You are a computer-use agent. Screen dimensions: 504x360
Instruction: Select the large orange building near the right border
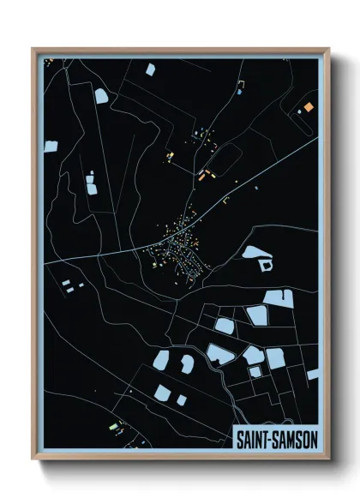tap(307, 107)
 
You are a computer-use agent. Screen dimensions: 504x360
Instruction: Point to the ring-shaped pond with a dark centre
tap(264, 266)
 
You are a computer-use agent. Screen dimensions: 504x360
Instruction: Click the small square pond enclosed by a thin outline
tap(255, 371)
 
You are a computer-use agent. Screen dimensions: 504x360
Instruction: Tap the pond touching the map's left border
tap(50, 147)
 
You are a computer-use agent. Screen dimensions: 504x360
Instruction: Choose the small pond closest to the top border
tap(150, 69)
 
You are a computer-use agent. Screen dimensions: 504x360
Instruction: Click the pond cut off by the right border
tap(313, 375)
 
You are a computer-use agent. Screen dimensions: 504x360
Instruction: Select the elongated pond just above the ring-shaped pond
tap(257, 253)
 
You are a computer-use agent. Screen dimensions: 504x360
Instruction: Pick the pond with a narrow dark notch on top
tap(186, 363)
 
